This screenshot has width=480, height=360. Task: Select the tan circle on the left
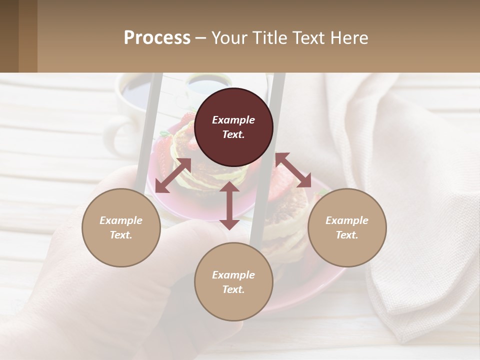pyautogui.click(x=121, y=227)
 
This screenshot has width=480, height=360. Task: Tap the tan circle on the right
pyautogui.click(x=347, y=227)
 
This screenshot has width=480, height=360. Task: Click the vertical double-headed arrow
pyautogui.click(x=229, y=205)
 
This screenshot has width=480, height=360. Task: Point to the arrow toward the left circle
pyautogui.click(x=173, y=175)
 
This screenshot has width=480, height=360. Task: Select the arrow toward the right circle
pyautogui.click(x=293, y=170)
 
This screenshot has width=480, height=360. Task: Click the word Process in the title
pyautogui.click(x=157, y=38)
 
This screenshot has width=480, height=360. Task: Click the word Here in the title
pyautogui.click(x=349, y=38)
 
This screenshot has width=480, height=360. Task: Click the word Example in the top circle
pyautogui.click(x=233, y=120)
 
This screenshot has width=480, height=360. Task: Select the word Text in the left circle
pyautogui.click(x=121, y=235)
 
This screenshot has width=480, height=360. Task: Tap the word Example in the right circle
pyautogui.click(x=347, y=220)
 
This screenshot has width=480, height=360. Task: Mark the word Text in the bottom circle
pyautogui.click(x=233, y=289)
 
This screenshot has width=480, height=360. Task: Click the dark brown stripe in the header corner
pyautogui.click(x=9, y=36)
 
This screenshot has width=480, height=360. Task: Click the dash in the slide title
pyautogui.click(x=201, y=38)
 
